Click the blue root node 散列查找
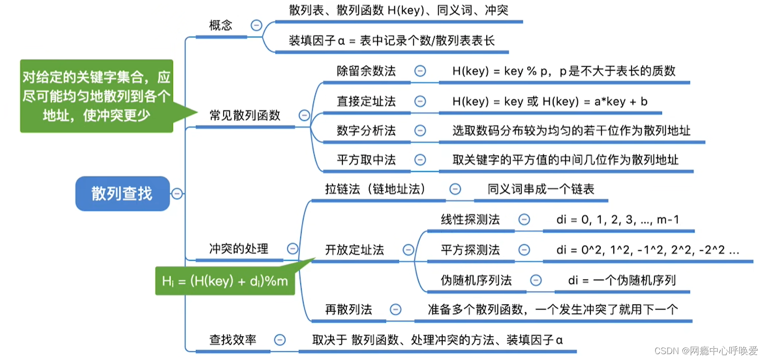(x=122, y=194)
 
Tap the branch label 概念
(x=221, y=25)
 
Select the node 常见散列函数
(x=245, y=115)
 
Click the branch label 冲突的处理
(x=239, y=248)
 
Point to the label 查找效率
(x=233, y=339)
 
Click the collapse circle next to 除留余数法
(x=420, y=71)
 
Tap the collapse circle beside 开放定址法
(x=408, y=250)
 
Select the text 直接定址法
(x=366, y=101)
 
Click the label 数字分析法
(x=366, y=131)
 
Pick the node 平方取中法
(x=366, y=159)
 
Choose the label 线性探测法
(x=470, y=220)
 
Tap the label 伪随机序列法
(x=476, y=280)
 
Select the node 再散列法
(x=349, y=309)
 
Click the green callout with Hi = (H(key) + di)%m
(x=225, y=281)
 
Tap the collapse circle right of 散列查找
(x=177, y=194)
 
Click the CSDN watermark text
(x=705, y=351)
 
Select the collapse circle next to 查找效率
(x=280, y=339)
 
